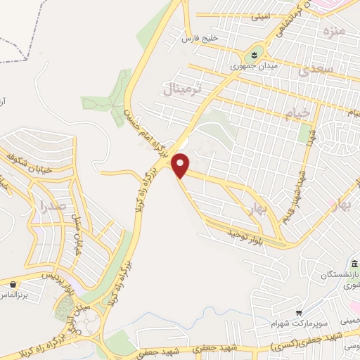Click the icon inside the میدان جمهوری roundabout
pos(252,53)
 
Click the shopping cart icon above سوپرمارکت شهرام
pos(299,313)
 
